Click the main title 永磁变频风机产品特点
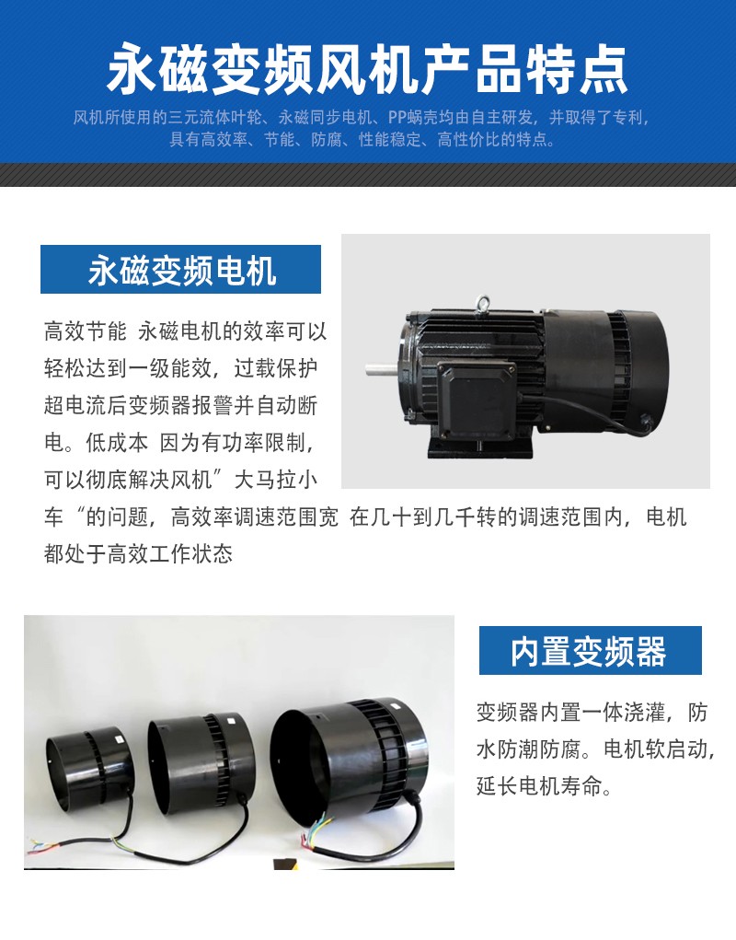click(367, 70)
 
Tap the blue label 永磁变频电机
click(181, 270)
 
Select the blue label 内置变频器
click(589, 651)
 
